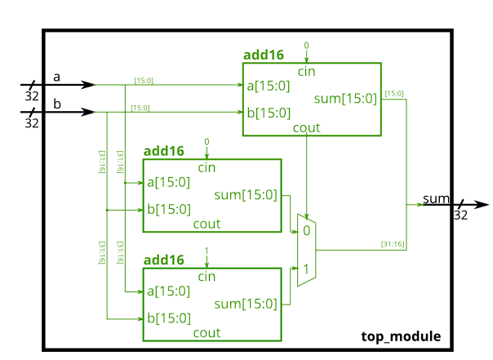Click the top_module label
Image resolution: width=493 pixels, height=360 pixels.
[401, 336]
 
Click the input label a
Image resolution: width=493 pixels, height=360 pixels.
[57, 77]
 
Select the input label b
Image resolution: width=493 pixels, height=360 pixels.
[57, 104]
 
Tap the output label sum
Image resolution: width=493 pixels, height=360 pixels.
[436, 198]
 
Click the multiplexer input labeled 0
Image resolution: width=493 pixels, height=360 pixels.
[306, 231]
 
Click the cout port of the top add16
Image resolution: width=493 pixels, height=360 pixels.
[306, 128]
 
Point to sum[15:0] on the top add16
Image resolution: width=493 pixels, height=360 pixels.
[345, 99]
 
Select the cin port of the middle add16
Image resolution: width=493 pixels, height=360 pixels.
[207, 168]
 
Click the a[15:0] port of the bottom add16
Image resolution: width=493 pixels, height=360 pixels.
[168, 291]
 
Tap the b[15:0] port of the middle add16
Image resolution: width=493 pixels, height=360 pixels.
[168, 209]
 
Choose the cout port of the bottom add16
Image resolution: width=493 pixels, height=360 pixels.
[207, 332]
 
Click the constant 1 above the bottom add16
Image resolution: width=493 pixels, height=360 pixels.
[207, 250]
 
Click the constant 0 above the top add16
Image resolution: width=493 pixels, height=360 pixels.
[307, 45]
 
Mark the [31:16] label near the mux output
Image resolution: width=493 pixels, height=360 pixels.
[393, 244]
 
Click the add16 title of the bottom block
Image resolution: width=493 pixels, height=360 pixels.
[163, 260]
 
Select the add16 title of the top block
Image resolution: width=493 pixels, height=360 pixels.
[264, 56]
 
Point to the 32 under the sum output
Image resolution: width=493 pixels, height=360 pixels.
[460, 216]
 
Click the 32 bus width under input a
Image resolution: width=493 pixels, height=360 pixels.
[32, 96]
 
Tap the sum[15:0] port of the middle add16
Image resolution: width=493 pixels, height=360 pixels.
[245, 195]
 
